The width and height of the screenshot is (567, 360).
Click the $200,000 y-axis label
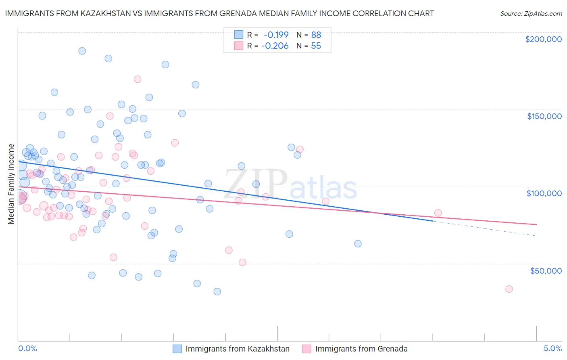click(543, 39)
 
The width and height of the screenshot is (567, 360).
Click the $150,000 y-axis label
click(544, 116)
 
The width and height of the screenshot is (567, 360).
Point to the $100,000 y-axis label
click(544, 193)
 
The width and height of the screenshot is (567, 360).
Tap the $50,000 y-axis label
click(546, 270)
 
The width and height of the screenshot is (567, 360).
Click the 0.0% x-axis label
click(27, 348)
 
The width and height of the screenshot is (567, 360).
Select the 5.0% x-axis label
click(552, 348)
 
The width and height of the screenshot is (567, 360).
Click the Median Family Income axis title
click(11, 184)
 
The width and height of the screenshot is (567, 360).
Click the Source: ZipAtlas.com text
click(531, 13)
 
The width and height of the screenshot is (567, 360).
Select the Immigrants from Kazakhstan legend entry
click(231, 349)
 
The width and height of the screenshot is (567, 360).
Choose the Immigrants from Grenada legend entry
click(355, 349)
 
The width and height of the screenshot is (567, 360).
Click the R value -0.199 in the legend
click(276, 35)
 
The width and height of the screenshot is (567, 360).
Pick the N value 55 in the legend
click(316, 46)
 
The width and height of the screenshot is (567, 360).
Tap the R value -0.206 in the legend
click(275, 46)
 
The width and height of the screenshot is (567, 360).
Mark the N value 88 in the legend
click(316, 35)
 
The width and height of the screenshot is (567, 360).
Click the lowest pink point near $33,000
click(509, 289)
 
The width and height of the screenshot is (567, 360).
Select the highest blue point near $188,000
click(82, 51)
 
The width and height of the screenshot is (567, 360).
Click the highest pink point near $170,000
click(138, 79)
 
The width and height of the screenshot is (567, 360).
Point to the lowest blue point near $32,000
click(217, 291)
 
